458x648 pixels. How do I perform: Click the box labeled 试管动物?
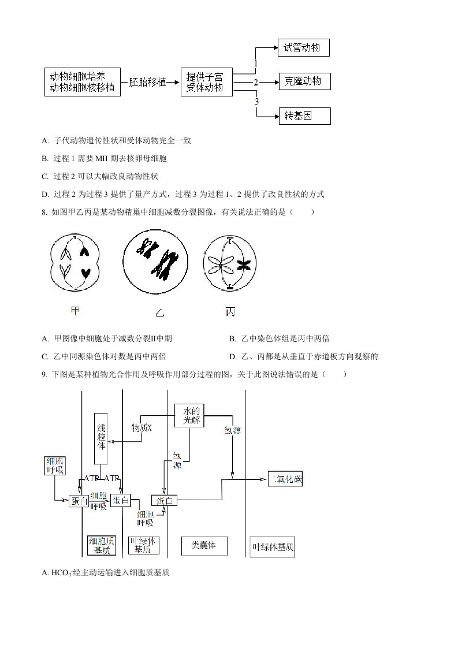(303, 48)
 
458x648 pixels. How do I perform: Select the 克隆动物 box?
(304, 81)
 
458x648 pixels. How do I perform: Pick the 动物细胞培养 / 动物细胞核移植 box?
(83, 82)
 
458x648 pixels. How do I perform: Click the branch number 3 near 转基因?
(256, 102)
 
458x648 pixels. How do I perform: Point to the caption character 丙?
(230, 312)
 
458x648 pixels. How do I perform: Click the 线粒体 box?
(101, 438)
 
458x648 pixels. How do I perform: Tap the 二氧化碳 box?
(285, 479)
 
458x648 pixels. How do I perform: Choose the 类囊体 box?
(204, 545)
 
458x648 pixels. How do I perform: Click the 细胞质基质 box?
(101, 546)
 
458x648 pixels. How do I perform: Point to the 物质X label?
(142, 427)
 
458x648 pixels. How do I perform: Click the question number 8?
(44, 212)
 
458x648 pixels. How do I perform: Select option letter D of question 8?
(232, 356)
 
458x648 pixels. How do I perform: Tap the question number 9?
(44, 374)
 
